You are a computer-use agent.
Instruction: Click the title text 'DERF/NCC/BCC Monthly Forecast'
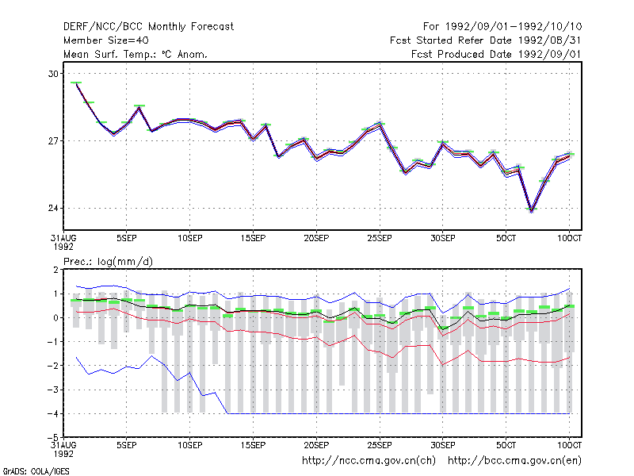(x=148, y=27)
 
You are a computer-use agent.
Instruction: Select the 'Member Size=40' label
(x=106, y=40)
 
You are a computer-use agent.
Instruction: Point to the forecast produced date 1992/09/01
(x=550, y=54)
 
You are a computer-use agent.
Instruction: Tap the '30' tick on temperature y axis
(x=53, y=74)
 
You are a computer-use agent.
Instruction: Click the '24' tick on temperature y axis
(x=53, y=208)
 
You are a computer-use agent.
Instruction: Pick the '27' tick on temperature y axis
(x=53, y=141)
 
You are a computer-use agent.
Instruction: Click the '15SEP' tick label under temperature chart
(x=253, y=238)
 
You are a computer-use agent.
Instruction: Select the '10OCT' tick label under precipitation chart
(x=569, y=445)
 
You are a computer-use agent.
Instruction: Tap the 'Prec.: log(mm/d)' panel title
(x=108, y=262)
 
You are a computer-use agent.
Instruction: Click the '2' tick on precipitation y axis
(x=55, y=270)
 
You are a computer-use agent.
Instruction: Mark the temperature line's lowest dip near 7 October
(x=531, y=211)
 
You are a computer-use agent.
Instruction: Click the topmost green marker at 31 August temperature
(x=76, y=83)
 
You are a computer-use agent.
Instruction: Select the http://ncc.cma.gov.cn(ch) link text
(x=369, y=461)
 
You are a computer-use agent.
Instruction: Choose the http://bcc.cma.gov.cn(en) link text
(x=514, y=461)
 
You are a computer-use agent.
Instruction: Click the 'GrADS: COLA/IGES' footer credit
(x=36, y=471)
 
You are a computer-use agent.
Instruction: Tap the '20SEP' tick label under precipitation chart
(x=316, y=445)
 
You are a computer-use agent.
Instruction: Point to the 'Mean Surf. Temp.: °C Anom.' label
(x=136, y=54)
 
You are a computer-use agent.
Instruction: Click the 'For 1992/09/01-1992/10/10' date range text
(x=502, y=27)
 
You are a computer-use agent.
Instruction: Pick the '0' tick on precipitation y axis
(x=55, y=318)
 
